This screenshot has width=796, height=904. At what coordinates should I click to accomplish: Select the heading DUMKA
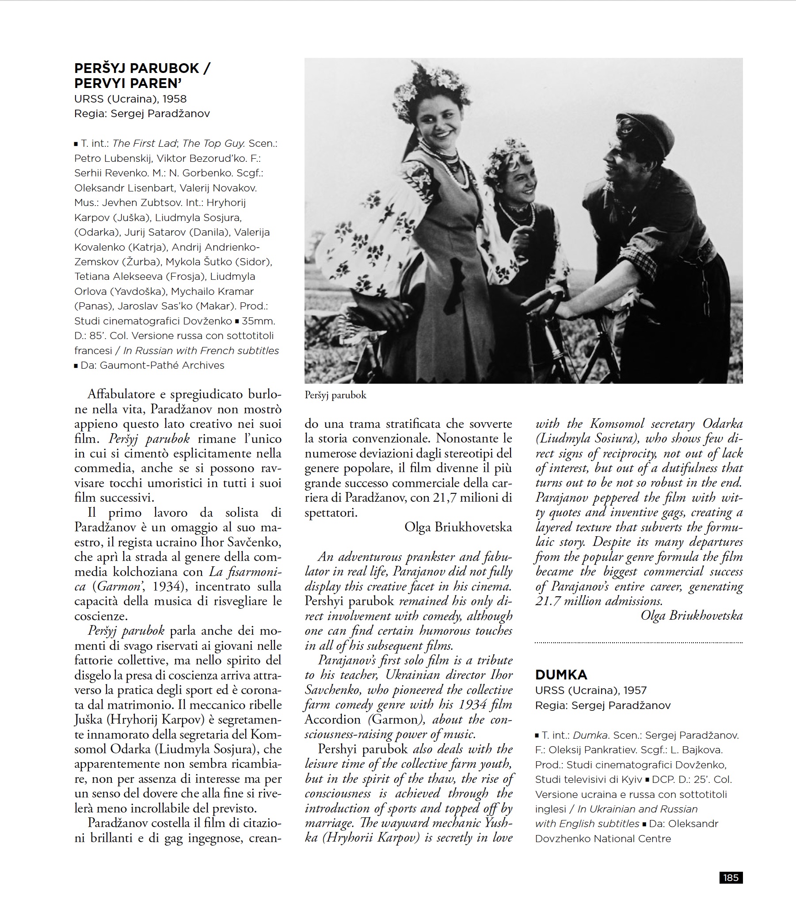tap(561, 675)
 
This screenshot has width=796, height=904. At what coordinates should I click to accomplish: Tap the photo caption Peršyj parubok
tap(335, 395)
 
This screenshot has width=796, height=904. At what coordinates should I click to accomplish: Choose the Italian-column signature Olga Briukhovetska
tap(458, 527)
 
